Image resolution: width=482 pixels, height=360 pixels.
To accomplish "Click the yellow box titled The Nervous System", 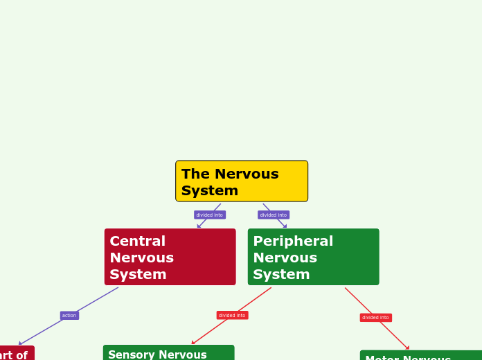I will [242, 181].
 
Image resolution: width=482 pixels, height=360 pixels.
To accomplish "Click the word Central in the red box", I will [137, 242].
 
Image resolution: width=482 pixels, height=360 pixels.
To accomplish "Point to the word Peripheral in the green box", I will [293, 242].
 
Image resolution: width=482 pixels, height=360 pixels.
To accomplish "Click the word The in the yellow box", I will [195, 174].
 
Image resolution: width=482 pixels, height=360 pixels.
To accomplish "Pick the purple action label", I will [69, 316].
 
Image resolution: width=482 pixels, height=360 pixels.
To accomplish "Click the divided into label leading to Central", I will [209, 215].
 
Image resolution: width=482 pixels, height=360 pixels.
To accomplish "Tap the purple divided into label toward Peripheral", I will [274, 215].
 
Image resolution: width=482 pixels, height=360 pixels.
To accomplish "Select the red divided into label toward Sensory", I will [232, 316].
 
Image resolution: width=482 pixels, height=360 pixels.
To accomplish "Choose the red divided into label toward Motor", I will [375, 318].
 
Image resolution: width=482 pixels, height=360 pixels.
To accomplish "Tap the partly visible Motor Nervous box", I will [420, 356].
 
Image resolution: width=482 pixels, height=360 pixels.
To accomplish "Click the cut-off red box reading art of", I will [15, 354].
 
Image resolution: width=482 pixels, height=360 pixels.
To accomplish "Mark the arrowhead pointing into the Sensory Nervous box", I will [194, 342].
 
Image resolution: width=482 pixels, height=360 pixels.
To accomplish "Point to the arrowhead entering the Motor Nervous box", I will [407, 348].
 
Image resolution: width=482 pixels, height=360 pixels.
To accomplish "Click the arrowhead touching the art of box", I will [21, 343].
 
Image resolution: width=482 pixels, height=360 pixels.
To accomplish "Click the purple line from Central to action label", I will [97, 299].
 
